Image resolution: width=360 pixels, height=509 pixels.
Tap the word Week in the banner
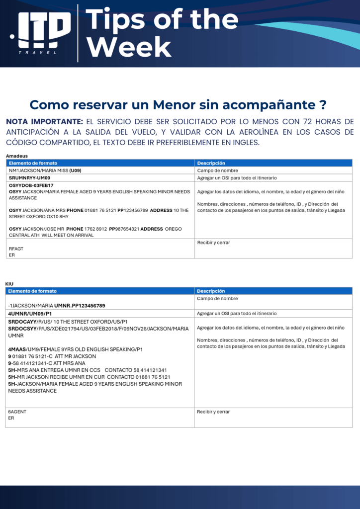point(129,47)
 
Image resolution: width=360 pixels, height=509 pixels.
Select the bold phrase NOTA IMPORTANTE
point(44,121)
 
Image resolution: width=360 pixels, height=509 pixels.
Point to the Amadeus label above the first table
point(16,156)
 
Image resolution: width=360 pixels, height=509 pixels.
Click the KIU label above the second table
point(9,284)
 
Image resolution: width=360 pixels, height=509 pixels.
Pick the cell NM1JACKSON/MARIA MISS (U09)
point(43,170)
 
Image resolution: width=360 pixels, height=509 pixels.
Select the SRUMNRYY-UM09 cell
point(30,177)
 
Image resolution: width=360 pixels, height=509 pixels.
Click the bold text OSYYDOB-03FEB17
point(31,185)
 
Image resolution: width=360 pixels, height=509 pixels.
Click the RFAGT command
point(16,249)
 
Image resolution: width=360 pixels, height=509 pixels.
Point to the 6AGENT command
point(17,412)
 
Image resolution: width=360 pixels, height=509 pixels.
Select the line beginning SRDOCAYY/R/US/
point(68,322)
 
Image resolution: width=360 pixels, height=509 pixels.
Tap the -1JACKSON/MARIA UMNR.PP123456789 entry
point(57,305)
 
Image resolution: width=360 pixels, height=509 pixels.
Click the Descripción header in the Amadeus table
point(211,163)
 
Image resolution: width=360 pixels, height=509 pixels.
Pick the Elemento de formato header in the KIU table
point(32,291)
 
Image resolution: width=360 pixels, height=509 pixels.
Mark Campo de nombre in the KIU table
point(217,298)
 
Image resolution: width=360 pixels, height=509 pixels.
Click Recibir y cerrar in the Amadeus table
point(213,243)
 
